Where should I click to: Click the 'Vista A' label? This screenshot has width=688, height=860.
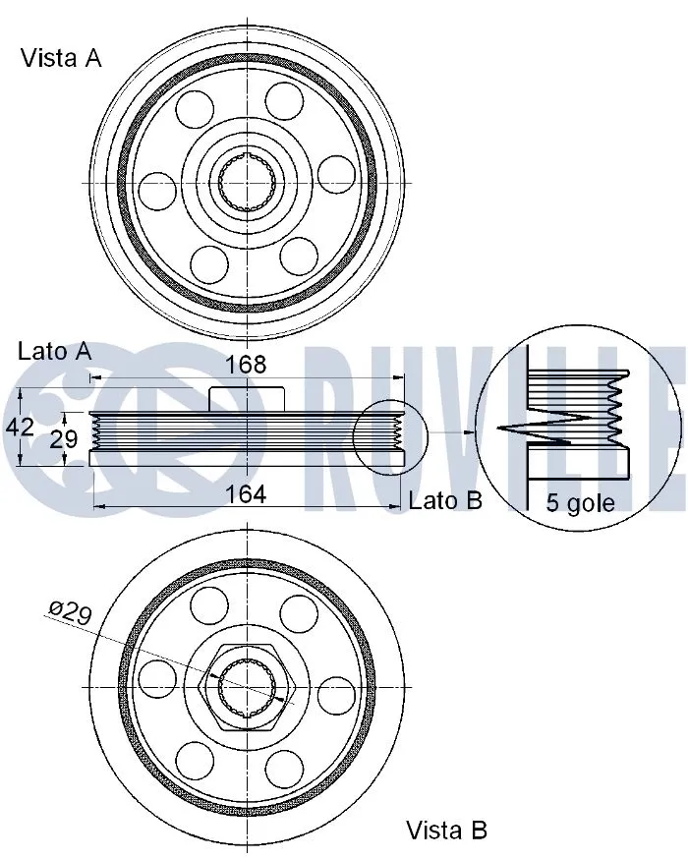click(x=61, y=58)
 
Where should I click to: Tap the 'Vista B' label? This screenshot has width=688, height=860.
click(x=447, y=830)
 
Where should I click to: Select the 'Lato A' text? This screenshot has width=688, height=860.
click(x=54, y=351)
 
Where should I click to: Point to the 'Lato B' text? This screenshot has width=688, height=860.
click(x=444, y=500)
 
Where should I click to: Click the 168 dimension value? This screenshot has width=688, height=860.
click(x=246, y=365)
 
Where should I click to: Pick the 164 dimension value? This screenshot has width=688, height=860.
click(x=246, y=494)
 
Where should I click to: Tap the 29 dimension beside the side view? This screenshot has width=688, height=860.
click(x=64, y=438)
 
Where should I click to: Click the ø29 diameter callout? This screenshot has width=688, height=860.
click(x=70, y=614)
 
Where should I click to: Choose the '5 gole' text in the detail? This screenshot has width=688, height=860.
click(x=580, y=503)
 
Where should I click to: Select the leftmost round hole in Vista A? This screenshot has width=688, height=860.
click(x=157, y=189)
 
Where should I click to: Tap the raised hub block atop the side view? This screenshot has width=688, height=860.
click(x=248, y=397)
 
